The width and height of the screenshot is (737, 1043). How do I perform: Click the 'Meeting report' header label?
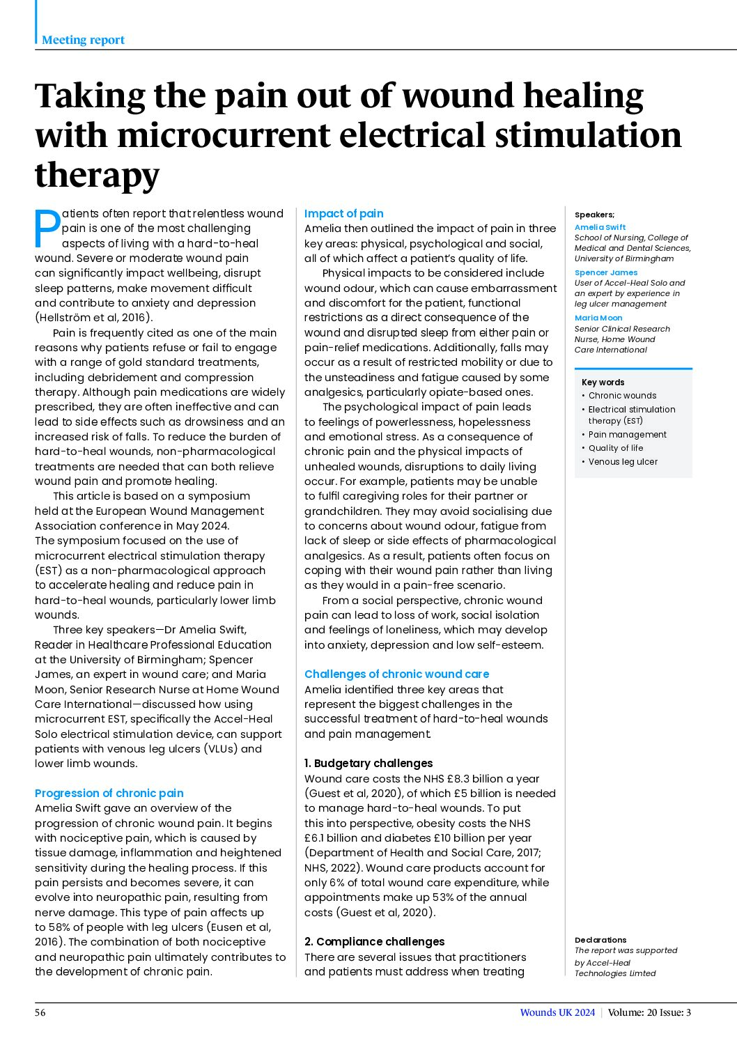point(83,40)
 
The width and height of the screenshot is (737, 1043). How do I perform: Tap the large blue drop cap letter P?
point(47,229)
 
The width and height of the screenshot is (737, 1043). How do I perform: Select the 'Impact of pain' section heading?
point(343,214)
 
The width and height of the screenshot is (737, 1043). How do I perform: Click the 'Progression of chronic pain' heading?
point(109,793)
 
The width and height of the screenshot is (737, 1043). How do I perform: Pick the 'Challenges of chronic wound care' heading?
point(396,674)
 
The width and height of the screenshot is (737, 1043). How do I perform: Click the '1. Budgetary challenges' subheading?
point(368,763)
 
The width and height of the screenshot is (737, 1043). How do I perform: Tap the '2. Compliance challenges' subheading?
point(374,941)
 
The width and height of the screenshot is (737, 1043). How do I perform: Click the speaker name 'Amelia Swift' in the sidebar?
point(600,227)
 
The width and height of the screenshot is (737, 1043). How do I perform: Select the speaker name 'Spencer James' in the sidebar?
point(605,272)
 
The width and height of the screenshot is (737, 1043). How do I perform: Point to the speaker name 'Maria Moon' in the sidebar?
point(598,318)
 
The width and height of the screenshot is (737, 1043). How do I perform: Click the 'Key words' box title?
point(603,382)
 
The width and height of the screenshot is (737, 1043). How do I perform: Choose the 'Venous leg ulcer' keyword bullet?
point(623,461)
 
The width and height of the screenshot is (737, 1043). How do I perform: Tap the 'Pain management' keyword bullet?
point(627,434)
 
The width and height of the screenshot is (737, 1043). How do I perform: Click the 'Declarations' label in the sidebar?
point(600,940)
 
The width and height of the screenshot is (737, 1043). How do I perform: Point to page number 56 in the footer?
point(40,1012)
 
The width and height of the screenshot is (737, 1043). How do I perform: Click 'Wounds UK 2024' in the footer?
point(557,1012)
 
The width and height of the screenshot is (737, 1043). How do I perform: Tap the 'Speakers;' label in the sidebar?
point(594,215)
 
